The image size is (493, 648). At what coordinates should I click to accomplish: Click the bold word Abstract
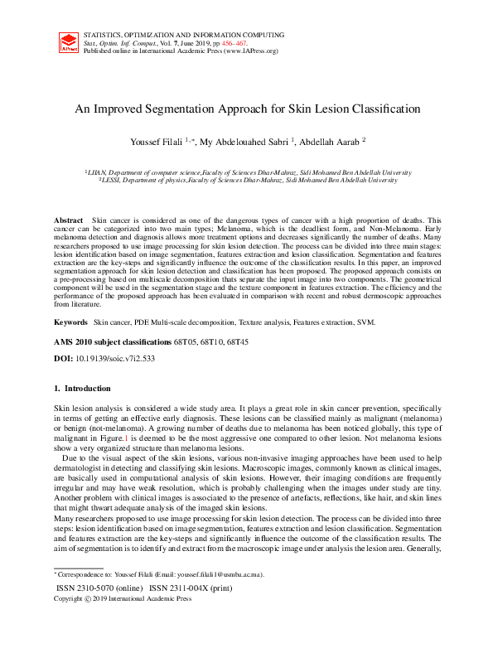69,220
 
